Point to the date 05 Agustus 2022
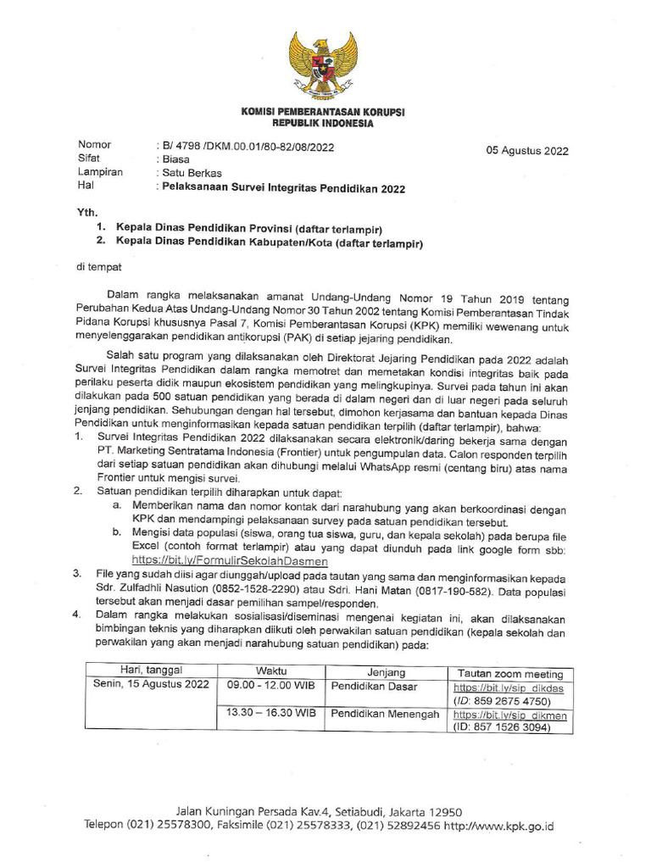pos(526,151)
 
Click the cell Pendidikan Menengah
pos(385,714)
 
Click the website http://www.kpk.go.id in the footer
pos(498,824)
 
